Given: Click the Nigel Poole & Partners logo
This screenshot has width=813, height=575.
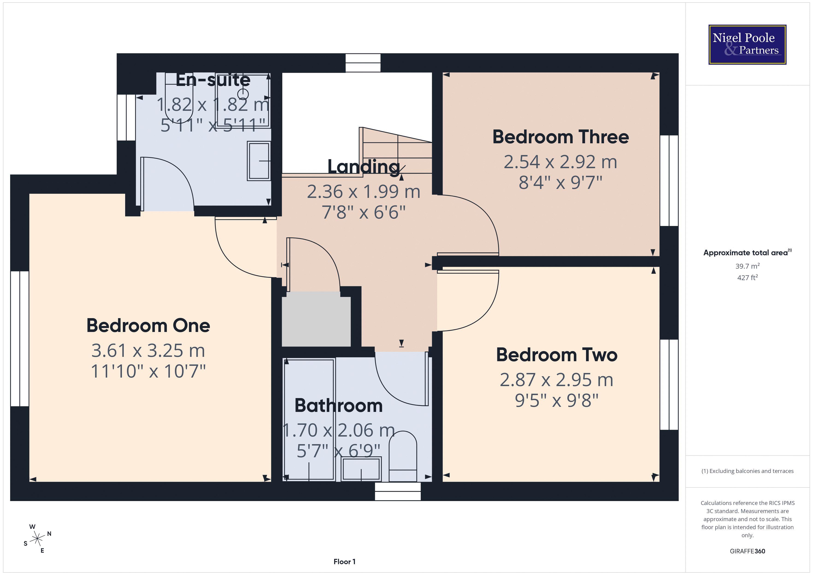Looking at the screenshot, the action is pyautogui.click(x=747, y=45).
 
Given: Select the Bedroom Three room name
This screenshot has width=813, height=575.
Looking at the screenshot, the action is pyautogui.click(x=560, y=137).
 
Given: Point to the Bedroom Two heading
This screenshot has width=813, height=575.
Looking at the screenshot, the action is pyautogui.click(x=557, y=355).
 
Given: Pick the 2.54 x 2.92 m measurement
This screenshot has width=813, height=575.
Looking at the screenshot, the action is pyautogui.click(x=560, y=162).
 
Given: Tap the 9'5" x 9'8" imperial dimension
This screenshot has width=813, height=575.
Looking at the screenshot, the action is pyautogui.click(x=557, y=400).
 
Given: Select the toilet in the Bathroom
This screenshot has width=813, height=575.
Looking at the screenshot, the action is pyautogui.click(x=403, y=456).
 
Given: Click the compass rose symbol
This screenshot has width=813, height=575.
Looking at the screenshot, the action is pyautogui.click(x=37, y=539).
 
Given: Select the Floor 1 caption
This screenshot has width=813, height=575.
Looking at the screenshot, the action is pyautogui.click(x=344, y=562).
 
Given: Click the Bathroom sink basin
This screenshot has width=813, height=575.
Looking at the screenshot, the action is pyautogui.click(x=361, y=469).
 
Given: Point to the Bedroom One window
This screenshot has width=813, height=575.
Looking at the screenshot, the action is pyautogui.click(x=20, y=338).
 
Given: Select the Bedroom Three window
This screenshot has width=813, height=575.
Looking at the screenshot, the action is pyautogui.click(x=669, y=181).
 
